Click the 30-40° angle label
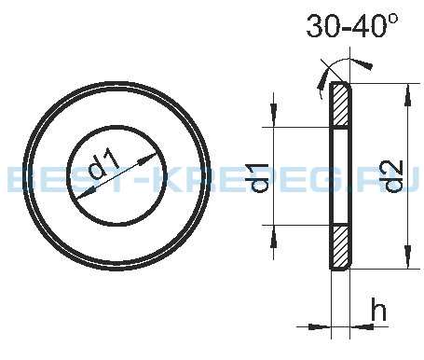(x=351, y=26)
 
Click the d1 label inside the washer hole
(x=103, y=163)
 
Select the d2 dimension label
(x=394, y=176)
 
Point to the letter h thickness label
(x=378, y=309)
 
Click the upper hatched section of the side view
(x=340, y=105)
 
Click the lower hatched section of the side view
(x=340, y=247)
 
